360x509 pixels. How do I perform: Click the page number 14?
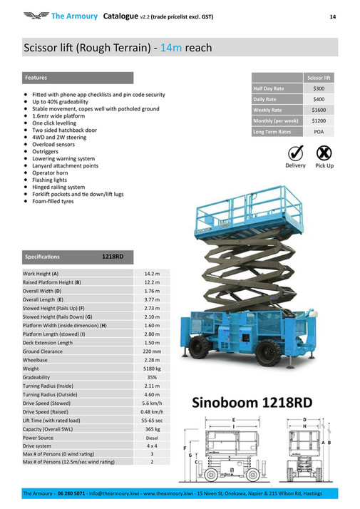332,16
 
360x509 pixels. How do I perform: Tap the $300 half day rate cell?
319,88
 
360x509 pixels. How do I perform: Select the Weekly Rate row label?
268,110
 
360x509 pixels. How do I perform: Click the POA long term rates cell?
319,132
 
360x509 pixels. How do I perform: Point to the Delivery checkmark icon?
295,153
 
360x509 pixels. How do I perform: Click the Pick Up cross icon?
324,153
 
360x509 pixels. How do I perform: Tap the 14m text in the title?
172,48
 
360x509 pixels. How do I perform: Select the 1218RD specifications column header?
112,257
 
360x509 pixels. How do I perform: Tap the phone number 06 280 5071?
71,493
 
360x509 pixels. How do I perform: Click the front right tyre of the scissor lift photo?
267,352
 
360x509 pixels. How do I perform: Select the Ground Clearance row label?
44,351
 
